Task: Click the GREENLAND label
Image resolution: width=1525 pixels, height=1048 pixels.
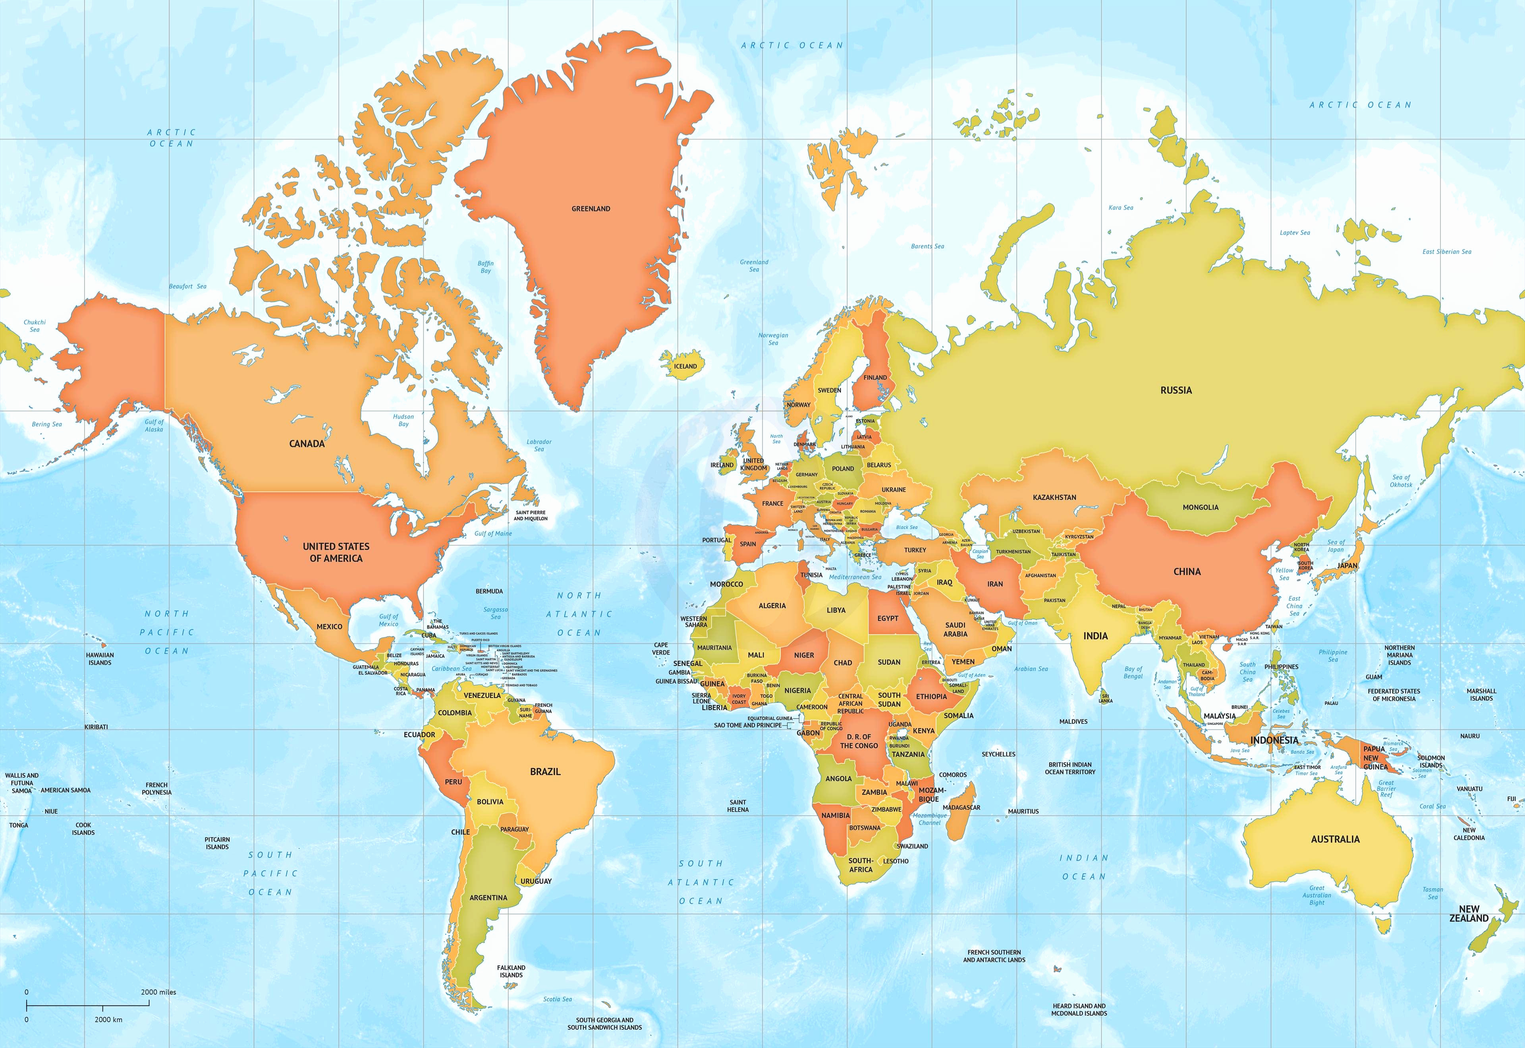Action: click(x=591, y=209)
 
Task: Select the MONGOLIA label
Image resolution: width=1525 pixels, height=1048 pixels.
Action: click(x=1200, y=508)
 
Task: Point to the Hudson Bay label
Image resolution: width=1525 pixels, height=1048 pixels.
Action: click(x=403, y=420)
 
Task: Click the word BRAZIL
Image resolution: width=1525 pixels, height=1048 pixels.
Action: click(x=545, y=771)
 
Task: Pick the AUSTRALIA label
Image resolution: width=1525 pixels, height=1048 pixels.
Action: click(x=1335, y=839)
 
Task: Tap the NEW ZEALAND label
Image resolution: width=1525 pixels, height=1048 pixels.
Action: click(x=1469, y=913)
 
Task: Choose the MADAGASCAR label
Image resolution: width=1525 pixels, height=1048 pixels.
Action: click(x=961, y=808)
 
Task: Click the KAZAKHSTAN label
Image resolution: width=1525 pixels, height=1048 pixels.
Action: click(x=1054, y=498)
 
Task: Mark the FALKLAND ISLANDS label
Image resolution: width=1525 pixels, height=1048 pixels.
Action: click(x=511, y=971)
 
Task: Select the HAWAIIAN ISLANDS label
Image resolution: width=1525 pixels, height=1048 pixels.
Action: click(x=100, y=659)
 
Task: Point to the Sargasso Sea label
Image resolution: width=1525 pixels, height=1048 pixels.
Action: click(x=496, y=613)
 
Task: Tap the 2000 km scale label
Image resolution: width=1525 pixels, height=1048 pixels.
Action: click(x=108, y=1020)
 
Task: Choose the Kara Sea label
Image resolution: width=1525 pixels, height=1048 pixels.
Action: click(x=1121, y=207)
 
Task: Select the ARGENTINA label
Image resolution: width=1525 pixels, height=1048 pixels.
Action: click(x=488, y=898)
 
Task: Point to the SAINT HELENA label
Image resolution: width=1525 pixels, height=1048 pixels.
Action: click(x=737, y=806)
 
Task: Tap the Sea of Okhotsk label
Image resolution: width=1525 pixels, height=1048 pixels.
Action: click(x=1401, y=481)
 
